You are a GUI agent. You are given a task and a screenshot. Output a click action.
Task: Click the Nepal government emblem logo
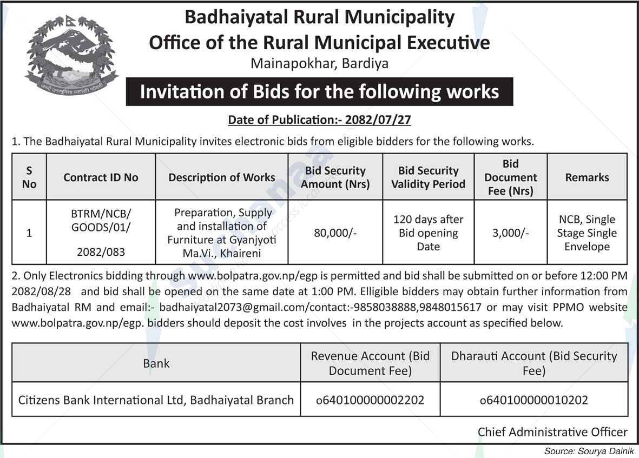click(x=71, y=56)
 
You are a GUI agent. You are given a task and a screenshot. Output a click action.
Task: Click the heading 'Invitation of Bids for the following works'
click(x=319, y=91)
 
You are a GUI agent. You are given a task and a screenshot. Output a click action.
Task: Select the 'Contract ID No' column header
click(x=101, y=177)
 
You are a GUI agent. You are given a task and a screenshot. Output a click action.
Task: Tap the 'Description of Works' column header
click(x=222, y=177)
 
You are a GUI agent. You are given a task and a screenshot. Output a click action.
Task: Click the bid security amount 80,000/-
click(x=335, y=233)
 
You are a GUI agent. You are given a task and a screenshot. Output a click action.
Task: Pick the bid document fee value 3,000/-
click(x=510, y=233)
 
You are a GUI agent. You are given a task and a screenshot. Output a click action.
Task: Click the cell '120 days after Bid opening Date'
click(x=428, y=233)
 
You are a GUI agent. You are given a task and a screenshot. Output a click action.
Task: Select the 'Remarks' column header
click(x=587, y=177)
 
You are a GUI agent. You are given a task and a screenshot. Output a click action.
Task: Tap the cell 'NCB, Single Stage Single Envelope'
click(x=587, y=233)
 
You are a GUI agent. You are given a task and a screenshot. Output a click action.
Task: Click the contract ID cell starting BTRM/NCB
click(x=101, y=233)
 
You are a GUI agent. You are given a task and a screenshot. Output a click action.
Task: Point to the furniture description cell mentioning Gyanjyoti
click(x=222, y=233)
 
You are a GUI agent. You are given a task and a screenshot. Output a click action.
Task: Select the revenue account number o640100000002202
click(x=370, y=401)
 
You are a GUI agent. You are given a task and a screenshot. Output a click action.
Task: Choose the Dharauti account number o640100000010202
click(x=534, y=401)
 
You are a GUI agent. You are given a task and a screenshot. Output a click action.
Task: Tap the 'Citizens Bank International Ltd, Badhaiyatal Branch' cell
click(x=156, y=401)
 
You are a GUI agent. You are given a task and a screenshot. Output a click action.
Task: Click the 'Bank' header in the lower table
click(x=156, y=363)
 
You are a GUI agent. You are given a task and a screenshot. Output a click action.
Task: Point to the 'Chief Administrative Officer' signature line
click(x=552, y=432)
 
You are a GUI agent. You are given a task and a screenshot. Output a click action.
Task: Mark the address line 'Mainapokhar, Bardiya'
click(x=319, y=64)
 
